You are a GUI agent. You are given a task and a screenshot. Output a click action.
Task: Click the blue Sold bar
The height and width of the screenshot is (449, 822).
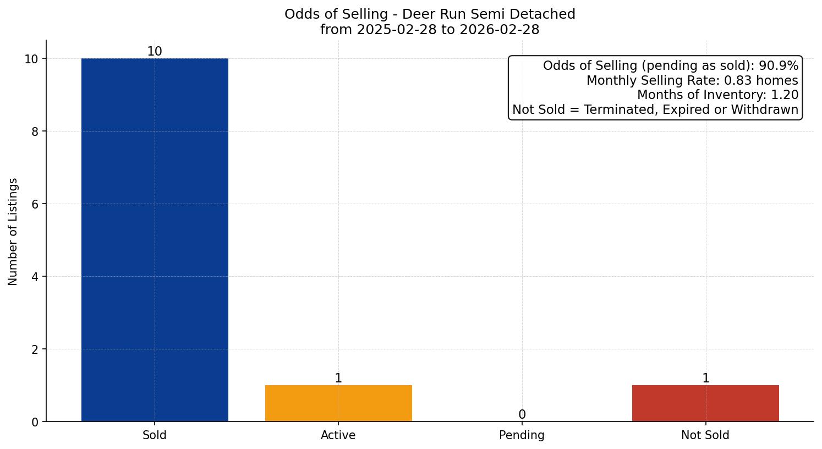pyautogui.click(x=155, y=239)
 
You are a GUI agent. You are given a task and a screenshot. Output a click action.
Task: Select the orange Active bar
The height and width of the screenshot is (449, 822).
pyautogui.click(x=338, y=403)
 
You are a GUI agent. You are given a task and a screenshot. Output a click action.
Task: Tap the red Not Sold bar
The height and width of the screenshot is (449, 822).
pyautogui.click(x=705, y=403)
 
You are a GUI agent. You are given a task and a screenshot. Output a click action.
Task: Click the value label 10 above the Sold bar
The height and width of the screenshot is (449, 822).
pyautogui.click(x=155, y=52)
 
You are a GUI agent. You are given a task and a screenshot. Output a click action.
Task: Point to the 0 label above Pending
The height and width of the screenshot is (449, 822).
pyautogui.click(x=522, y=414)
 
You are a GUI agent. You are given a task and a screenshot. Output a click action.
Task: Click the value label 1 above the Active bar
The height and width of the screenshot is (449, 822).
pyautogui.click(x=338, y=378)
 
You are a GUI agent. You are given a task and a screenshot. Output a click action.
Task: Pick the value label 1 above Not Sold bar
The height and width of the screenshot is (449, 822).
pyautogui.click(x=705, y=378)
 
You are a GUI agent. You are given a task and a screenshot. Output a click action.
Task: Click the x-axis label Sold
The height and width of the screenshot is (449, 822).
pyautogui.click(x=155, y=435)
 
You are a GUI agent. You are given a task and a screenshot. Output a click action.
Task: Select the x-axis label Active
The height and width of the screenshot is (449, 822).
pyautogui.click(x=338, y=435)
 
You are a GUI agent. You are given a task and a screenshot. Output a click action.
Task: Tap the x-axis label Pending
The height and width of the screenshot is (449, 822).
pyautogui.click(x=522, y=435)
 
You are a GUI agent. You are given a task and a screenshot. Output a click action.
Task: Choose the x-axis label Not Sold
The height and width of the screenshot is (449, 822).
pyautogui.click(x=705, y=435)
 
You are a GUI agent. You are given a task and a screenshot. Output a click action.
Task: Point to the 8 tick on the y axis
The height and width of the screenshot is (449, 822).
pyautogui.click(x=35, y=132)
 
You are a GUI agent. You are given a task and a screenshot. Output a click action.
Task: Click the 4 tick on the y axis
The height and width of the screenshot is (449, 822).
pyautogui.click(x=35, y=277)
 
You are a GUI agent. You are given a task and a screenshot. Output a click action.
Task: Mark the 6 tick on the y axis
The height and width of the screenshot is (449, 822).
pyautogui.click(x=35, y=204)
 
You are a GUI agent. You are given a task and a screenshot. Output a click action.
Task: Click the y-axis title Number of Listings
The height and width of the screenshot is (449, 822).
pyautogui.click(x=13, y=231)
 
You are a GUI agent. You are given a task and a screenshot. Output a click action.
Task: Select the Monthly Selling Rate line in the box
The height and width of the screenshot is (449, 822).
pyautogui.click(x=692, y=80)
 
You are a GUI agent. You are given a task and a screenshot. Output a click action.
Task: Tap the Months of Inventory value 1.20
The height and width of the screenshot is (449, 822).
pyautogui.click(x=785, y=95)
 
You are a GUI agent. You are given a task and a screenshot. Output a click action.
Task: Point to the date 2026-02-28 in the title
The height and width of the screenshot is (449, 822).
pyautogui.click(x=500, y=30)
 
